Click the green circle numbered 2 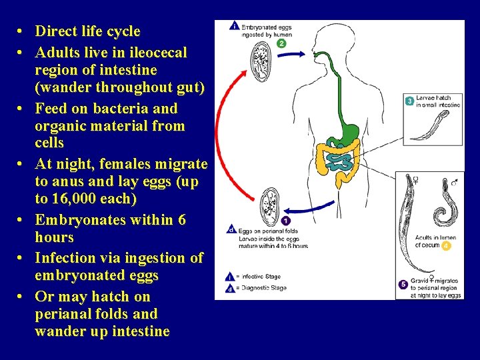coord(281,43)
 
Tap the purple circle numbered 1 coord(285,221)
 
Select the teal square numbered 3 coord(409,101)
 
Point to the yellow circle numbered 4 coord(446,245)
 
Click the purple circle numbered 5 coord(403,284)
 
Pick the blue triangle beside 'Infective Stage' coord(231,275)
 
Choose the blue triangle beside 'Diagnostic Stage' coord(231,288)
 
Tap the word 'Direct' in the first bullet coord(55,31)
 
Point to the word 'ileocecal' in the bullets coord(153,52)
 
